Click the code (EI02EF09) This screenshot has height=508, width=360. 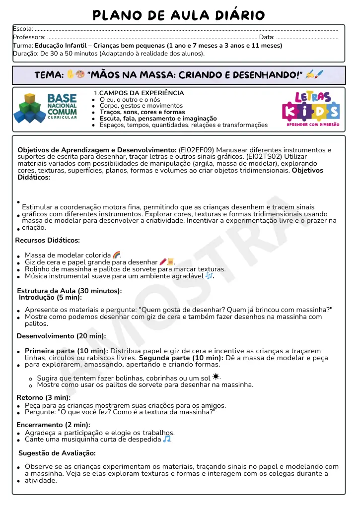[198, 149]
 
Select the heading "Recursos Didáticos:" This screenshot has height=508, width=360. [48, 241]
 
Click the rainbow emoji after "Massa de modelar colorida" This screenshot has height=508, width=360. [117, 255]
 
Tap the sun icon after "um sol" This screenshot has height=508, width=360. [216, 377]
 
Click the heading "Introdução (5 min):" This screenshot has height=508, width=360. [50, 298]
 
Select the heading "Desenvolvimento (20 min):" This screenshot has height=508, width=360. [61, 336]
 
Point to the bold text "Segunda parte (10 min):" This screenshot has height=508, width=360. [181, 357]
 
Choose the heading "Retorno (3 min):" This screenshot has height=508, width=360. [44, 397]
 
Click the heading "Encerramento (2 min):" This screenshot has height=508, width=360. [53, 425]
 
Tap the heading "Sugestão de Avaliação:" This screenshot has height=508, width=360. [57, 453]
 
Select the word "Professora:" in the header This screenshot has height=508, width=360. [29, 37]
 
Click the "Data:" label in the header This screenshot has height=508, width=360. [267, 37]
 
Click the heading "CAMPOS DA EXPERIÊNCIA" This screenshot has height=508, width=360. [142, 93]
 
